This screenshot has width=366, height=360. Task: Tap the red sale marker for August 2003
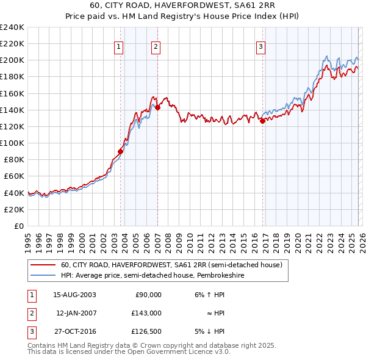pyautogui.click(x=121, y=151)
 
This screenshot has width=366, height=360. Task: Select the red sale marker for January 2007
pyautogui.click(x=157, y=107)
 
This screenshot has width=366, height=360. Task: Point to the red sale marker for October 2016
pyautogui.click(x=263, y=121)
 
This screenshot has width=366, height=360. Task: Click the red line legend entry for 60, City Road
pyautogui.click(x=171, y=265)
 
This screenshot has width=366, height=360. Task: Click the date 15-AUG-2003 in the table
pyautogui.click(x=74, y=294)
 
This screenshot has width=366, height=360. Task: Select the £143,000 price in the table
pyautogui.click(x=146, y=313)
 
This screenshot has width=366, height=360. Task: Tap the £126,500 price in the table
pyautogui.click(x=146, y=332)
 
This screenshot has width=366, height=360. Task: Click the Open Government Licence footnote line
pyautogui.click(x=129, y=352)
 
